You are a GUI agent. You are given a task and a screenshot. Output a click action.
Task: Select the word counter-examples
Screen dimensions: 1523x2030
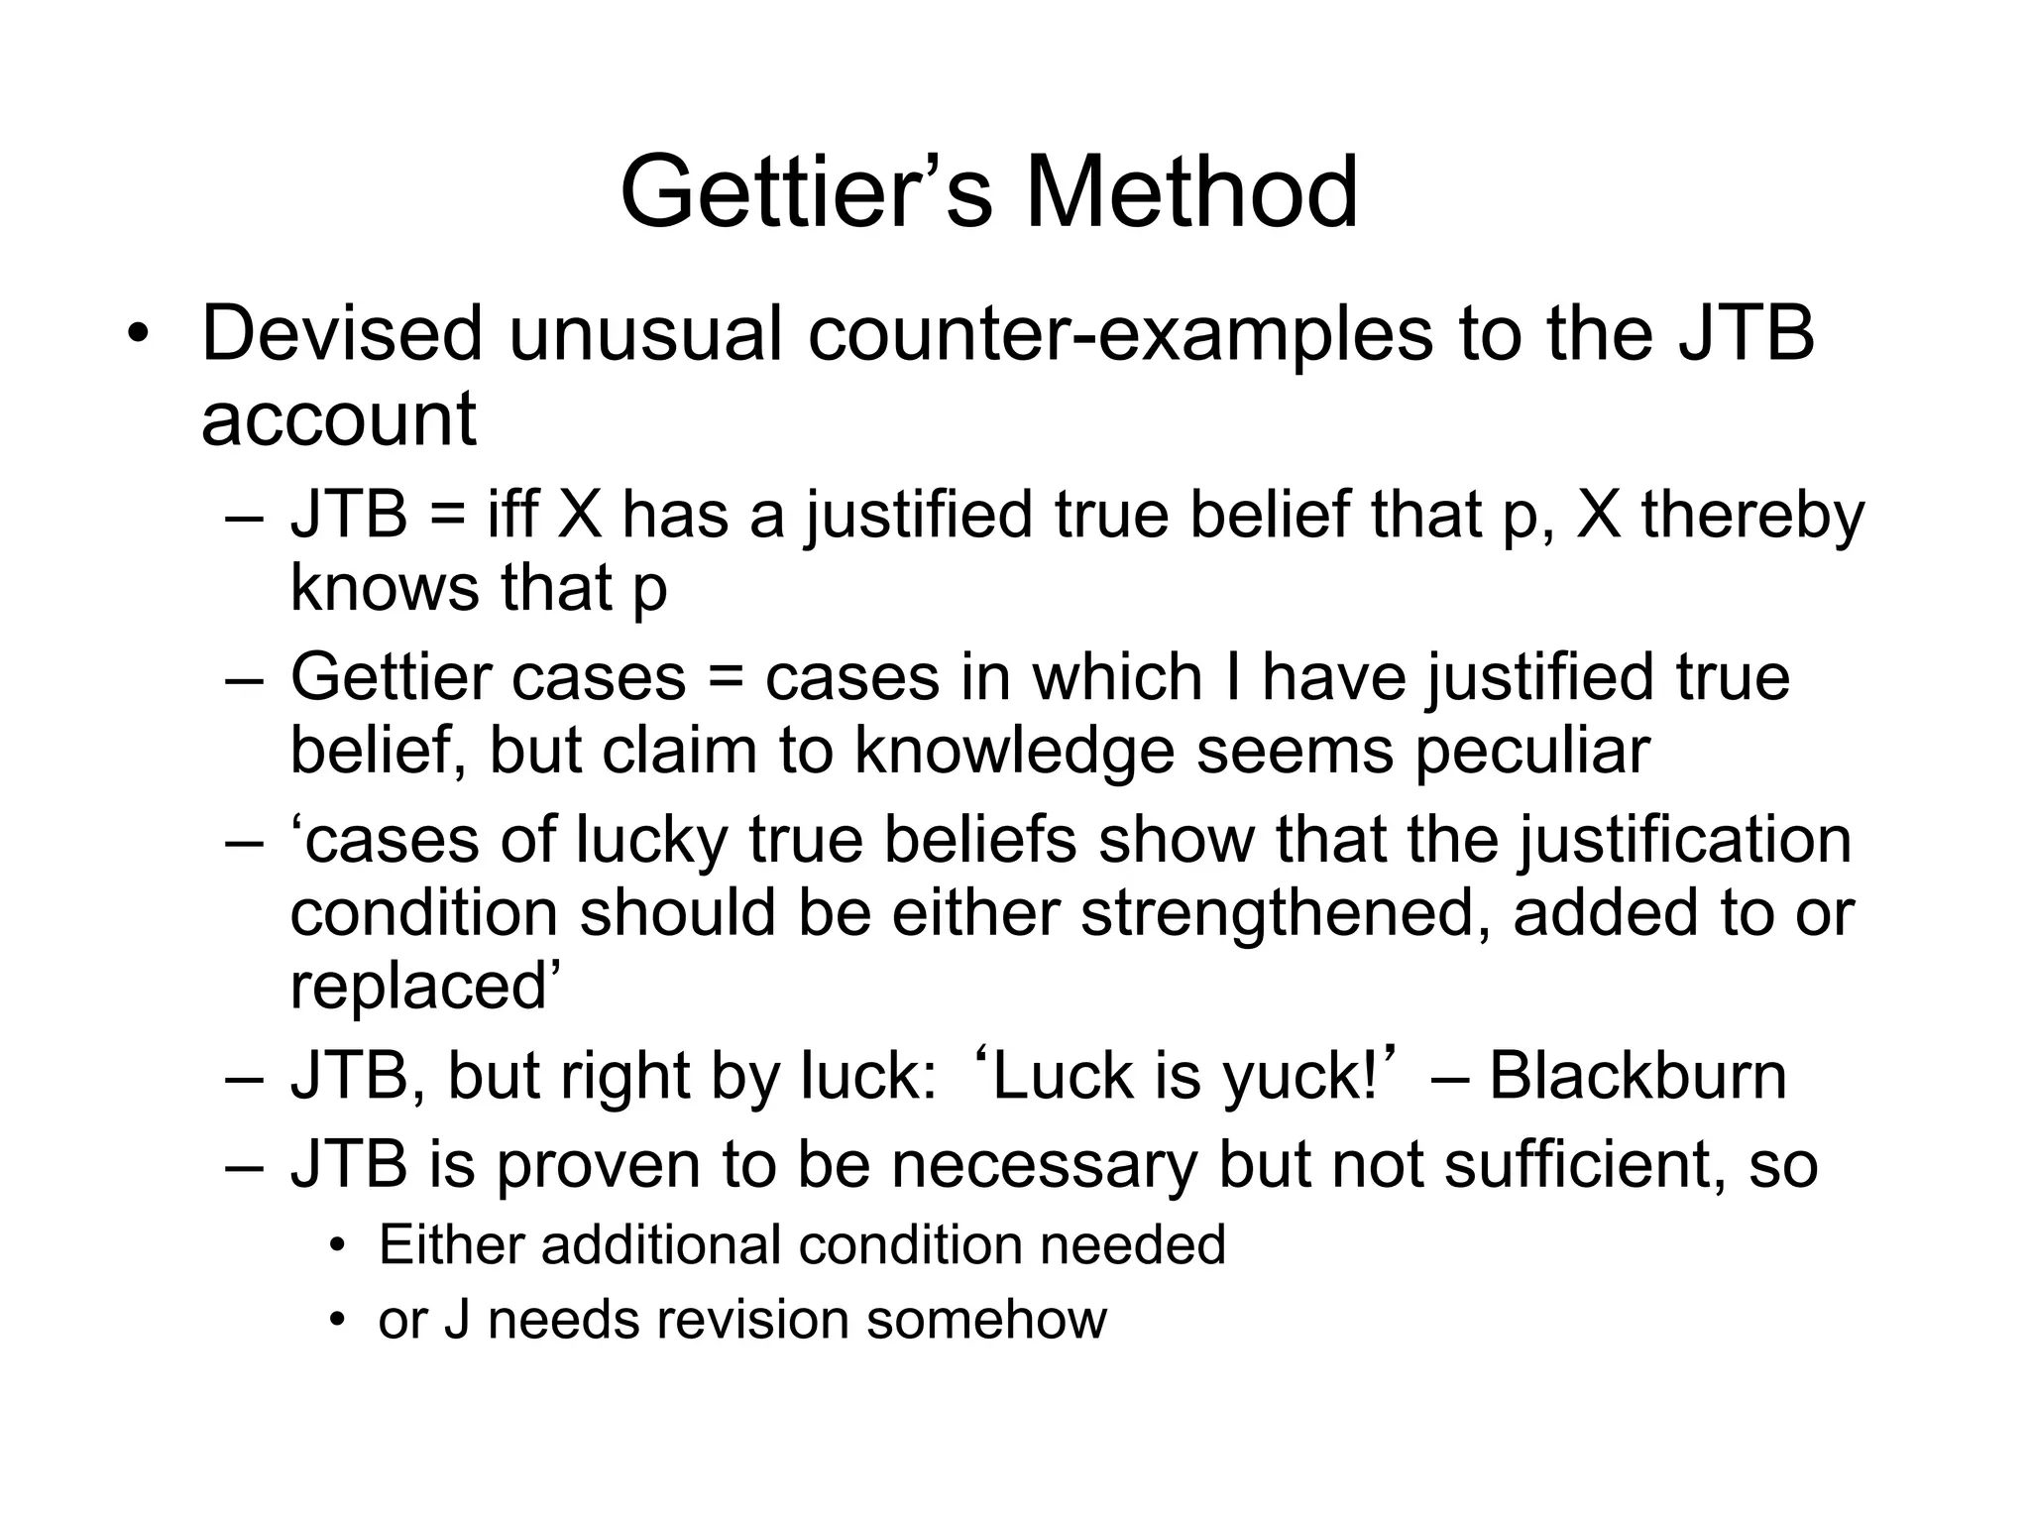(1120, 334)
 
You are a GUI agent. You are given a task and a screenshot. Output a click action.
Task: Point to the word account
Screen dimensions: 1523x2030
(339, 420)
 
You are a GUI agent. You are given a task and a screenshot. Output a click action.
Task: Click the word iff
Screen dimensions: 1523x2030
(512, 516)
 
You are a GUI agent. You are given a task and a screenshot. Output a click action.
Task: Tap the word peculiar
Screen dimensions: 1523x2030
(1531, 751)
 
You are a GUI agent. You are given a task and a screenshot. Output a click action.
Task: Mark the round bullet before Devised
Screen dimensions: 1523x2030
(137, 336)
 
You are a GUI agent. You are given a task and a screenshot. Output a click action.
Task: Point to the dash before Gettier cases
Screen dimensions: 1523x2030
(244, 680)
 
